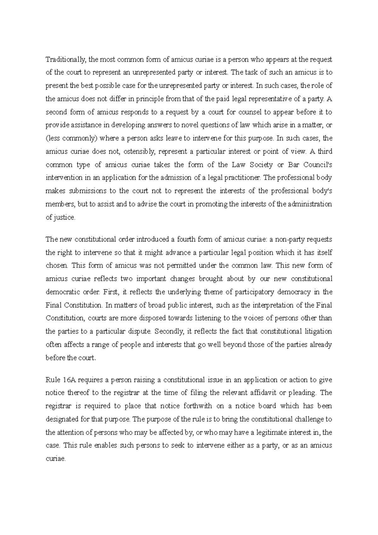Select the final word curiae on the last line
[56, 459]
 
